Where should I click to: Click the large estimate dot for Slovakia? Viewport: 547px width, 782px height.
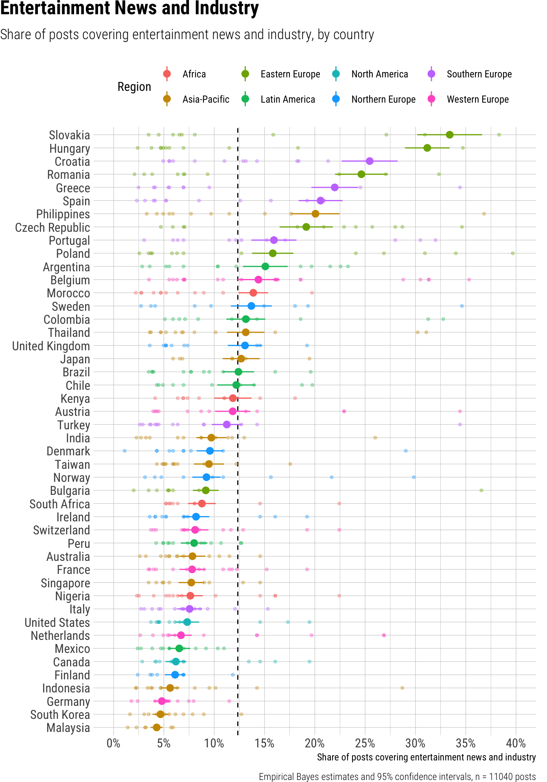click(449, 135)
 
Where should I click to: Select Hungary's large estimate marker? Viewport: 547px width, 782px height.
click(427, 148)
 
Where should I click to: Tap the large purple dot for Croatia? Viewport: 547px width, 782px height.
click(370, 161)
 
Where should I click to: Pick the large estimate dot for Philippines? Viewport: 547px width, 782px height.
click(315, 214)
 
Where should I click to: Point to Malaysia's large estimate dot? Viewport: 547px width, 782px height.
click(157, 727)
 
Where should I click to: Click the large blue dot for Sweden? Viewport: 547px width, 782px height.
click(251, 306)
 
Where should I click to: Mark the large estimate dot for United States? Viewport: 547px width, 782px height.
click(187, 622)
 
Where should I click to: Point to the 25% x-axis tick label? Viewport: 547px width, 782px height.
click(365, 743)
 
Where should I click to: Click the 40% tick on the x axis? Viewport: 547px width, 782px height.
click(516, 743)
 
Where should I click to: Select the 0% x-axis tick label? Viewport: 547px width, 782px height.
click(114, 743)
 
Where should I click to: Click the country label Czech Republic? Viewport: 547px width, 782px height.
click(53, 227)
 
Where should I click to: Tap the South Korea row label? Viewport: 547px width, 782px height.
click(60, 715)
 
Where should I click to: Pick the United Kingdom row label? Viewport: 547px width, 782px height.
click(51, 346)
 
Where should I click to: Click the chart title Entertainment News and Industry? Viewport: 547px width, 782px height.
click(129, 9)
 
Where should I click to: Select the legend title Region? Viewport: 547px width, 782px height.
click(134, 87)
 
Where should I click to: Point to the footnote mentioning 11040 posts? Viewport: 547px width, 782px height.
click(397, 777)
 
